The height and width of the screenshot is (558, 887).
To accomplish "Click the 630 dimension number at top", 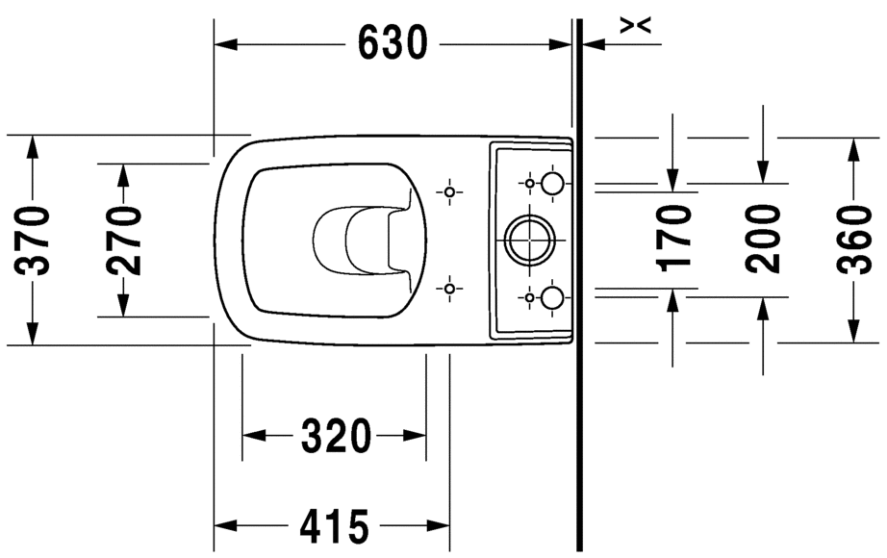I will point(393,42).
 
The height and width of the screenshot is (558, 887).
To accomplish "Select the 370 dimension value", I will point(35,240).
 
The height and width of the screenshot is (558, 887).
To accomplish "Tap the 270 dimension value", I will point(124,240).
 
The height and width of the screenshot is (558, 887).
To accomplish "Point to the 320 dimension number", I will point(336,437).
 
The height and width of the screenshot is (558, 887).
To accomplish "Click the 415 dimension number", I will point(334,526).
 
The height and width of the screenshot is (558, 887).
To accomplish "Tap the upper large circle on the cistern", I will point(552,183).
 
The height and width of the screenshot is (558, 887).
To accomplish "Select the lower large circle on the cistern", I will point(552,297).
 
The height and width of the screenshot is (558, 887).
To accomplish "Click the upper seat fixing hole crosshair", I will point(449,192).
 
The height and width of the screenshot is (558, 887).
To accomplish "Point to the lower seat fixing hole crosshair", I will point(449,288).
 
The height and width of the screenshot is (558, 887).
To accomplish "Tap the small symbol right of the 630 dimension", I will point(636,26).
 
